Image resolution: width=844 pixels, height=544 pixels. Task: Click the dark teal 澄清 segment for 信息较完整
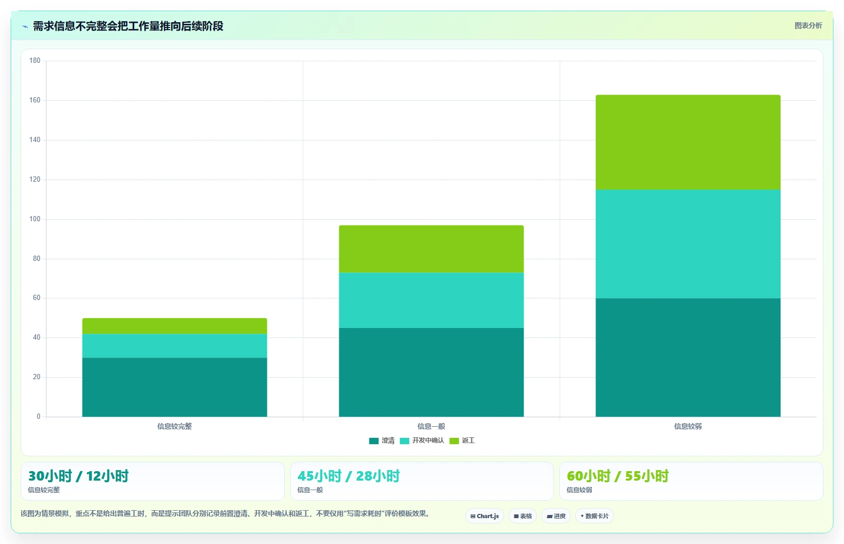point(174,387)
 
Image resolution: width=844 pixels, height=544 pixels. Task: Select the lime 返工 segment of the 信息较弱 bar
point(688,142)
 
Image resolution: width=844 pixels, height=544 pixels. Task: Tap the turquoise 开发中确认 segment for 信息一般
point(431,300)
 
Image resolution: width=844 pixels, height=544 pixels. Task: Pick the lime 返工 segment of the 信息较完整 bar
point(174,326)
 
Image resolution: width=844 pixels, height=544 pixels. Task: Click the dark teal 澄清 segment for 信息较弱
point(688,357)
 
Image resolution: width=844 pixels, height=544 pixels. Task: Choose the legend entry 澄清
point(382,440)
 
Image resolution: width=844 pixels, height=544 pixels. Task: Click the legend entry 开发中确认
point(422,440)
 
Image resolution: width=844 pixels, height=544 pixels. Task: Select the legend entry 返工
point(462,440)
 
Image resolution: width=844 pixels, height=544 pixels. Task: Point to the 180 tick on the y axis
point(35,61)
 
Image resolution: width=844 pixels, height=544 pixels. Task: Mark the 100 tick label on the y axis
point(35,219)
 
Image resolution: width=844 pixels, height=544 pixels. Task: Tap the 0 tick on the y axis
point(39,416)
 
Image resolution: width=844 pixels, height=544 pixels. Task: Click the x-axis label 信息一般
point(431,426)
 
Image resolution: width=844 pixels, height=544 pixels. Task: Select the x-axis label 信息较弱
point(688,426)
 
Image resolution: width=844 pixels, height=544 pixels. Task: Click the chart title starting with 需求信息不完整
point(128,26)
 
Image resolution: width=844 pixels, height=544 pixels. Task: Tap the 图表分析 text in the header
point(808,25)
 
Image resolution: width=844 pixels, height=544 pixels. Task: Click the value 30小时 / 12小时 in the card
point(78,476)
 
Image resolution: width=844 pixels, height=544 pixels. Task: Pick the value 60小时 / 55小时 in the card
point(618,476)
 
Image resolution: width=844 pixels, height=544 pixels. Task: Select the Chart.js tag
point(485,516)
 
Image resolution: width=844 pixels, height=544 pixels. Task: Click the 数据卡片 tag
point(594,516)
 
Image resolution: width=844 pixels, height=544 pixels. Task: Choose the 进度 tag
point(556,516)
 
